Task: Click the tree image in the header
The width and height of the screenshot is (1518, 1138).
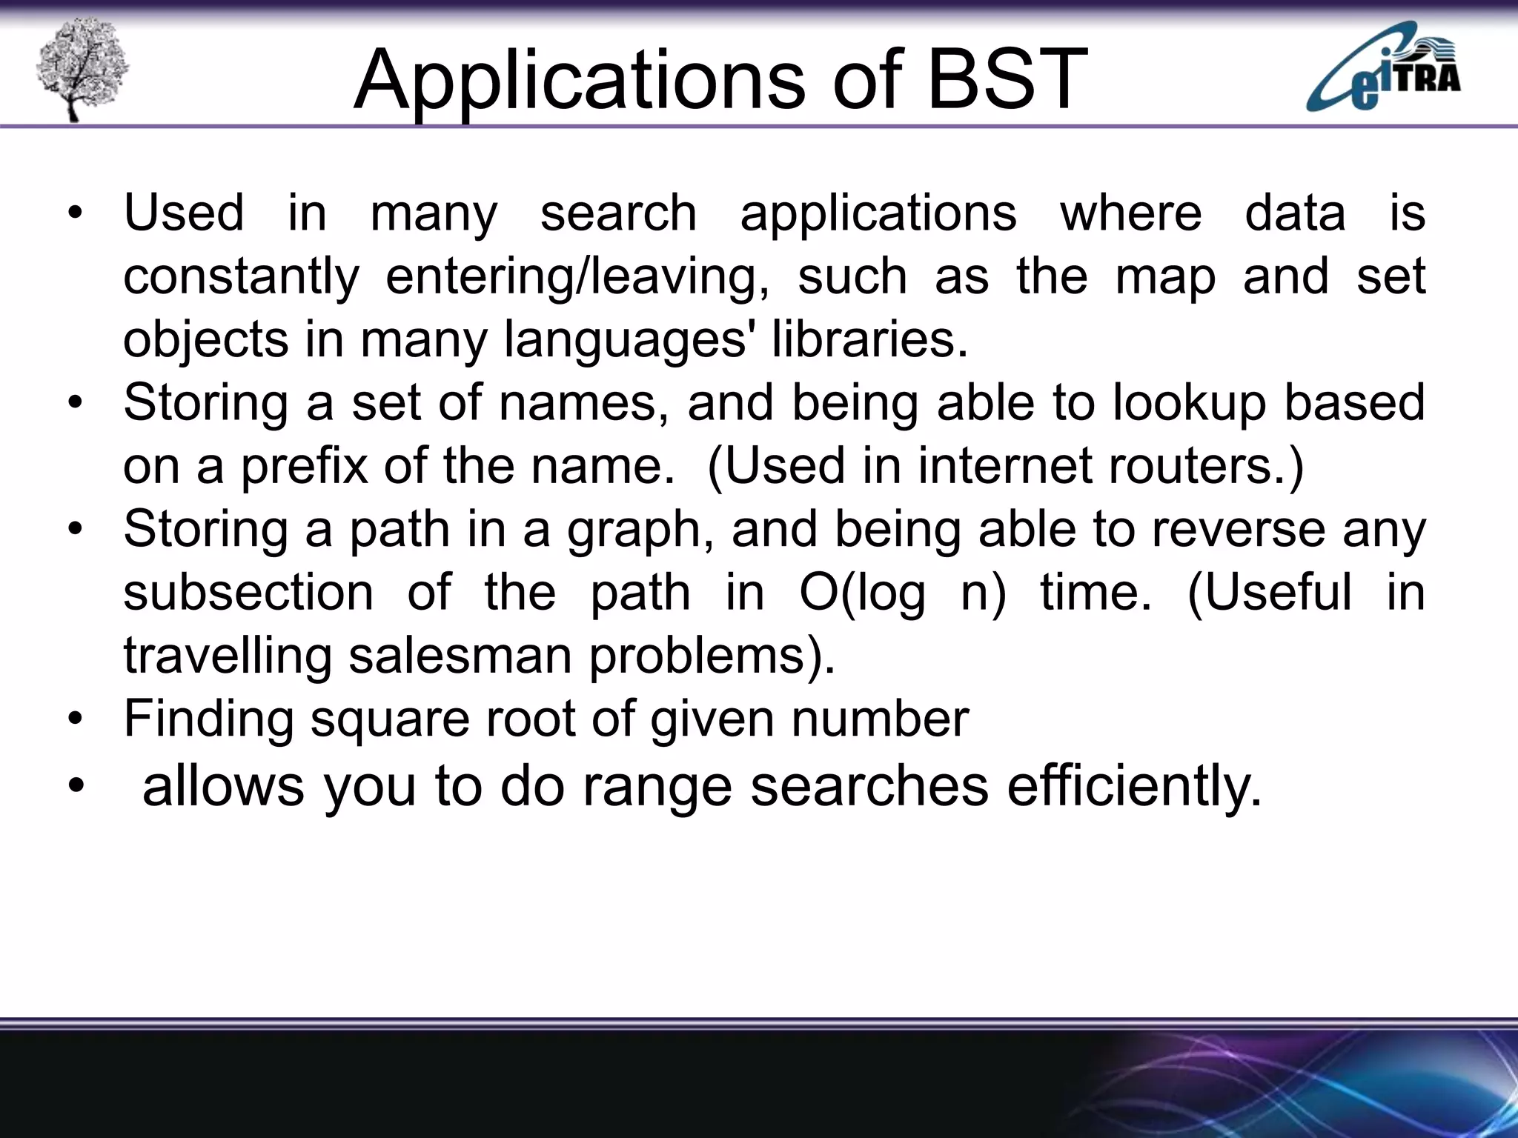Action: click(x=82, y=70)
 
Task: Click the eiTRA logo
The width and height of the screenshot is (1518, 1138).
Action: click(x=1383, y=68)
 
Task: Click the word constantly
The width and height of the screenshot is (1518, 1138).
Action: click(x=241, y=276)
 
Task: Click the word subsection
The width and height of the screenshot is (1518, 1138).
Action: click(x=248, y=593)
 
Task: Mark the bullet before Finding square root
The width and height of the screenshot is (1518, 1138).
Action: click(x=75, y=719)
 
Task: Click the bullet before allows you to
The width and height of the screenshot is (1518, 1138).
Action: click(x=75, y=787)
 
